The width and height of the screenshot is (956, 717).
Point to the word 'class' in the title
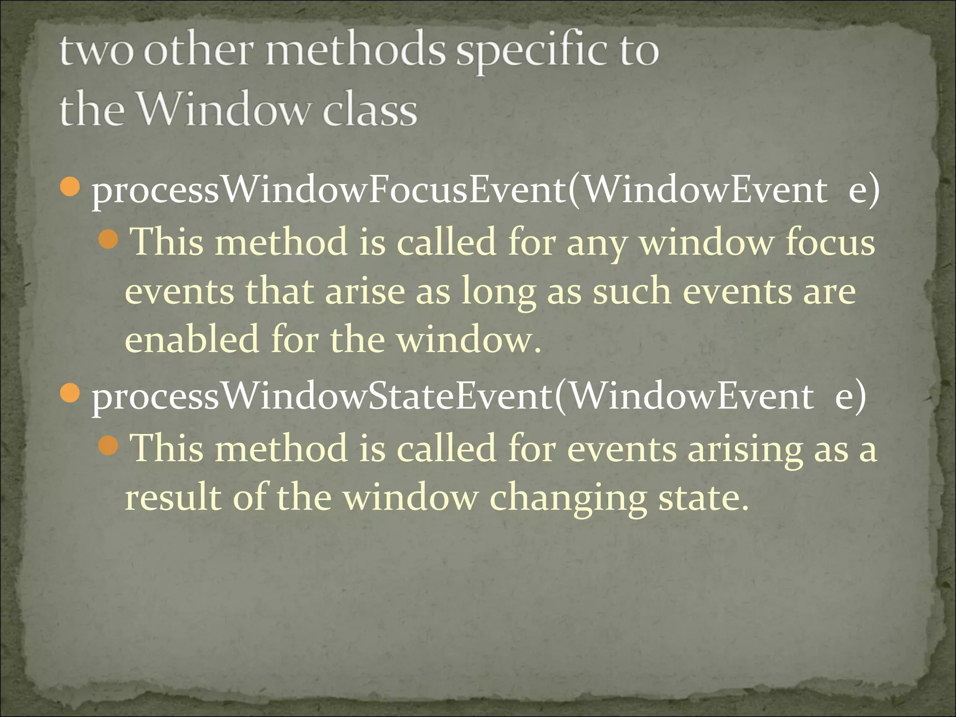click(x=370, y=110)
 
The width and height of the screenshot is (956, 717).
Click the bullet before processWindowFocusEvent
click(x=70, y=187)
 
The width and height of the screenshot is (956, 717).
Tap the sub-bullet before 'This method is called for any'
click(x=109, y=240)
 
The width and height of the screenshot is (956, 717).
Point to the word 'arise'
click(x=365, y=291)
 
